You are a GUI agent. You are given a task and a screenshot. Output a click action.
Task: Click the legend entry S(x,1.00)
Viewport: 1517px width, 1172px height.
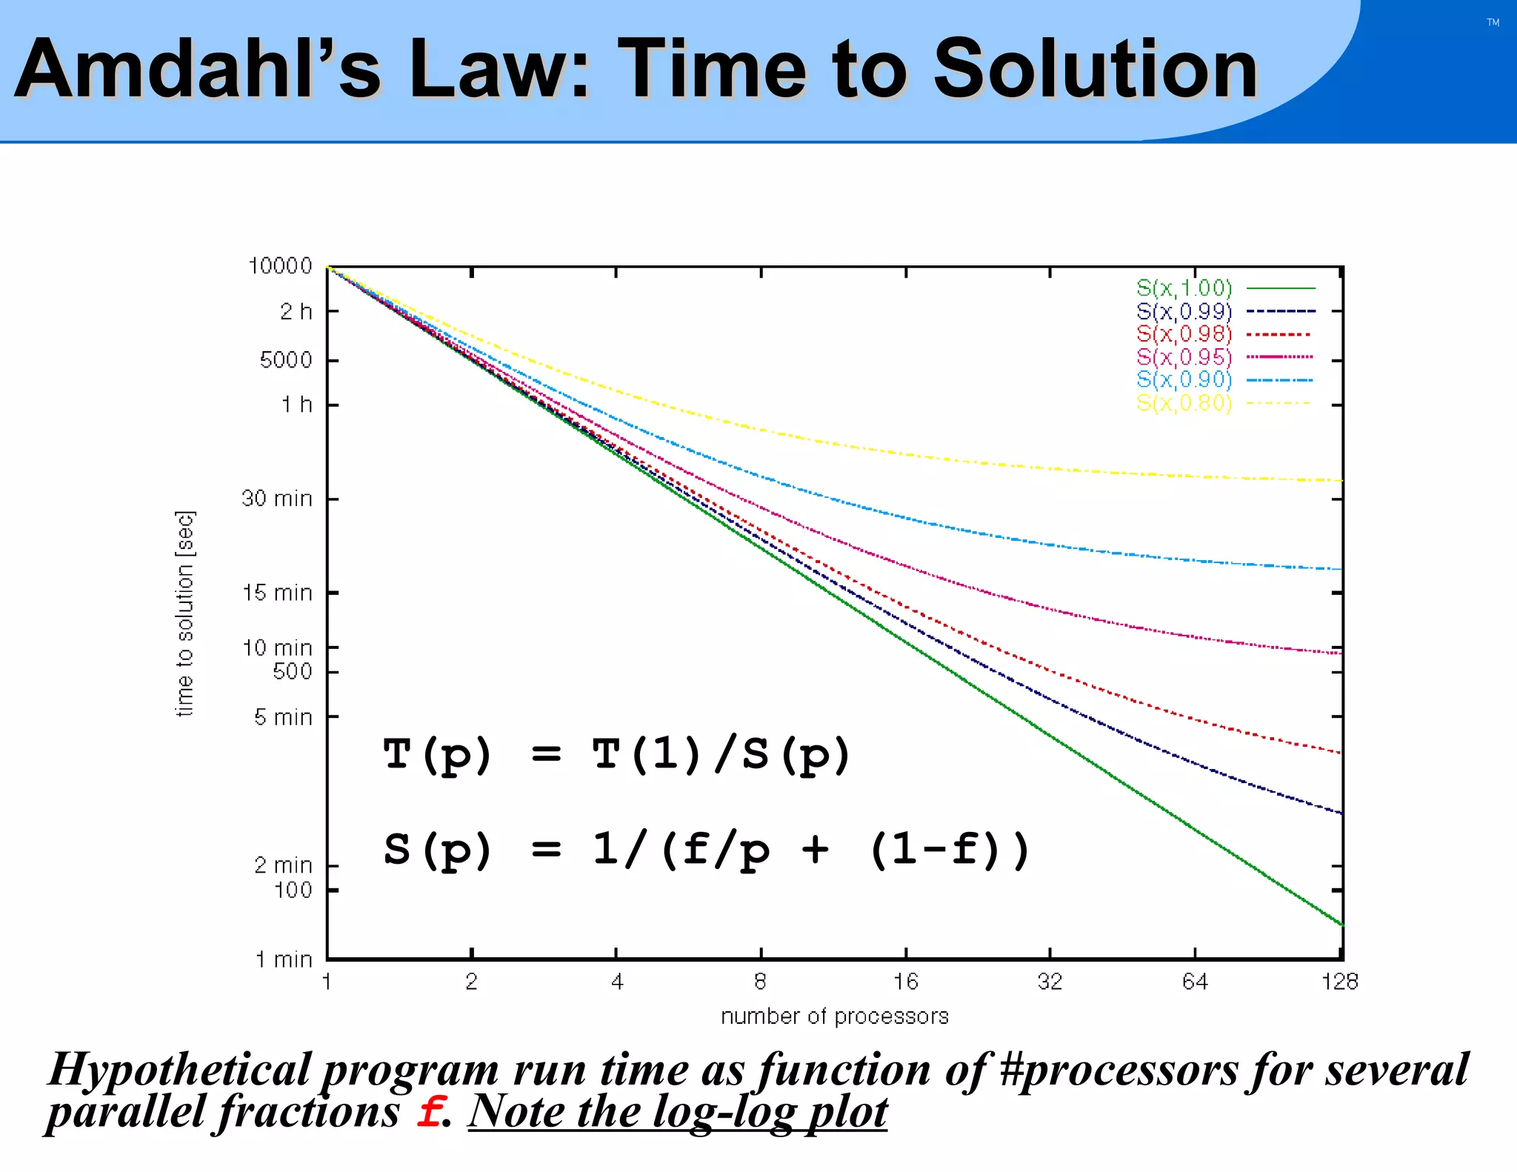pos(1184,288)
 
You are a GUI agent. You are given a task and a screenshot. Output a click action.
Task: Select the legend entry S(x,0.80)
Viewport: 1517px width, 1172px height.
pos(1184,403)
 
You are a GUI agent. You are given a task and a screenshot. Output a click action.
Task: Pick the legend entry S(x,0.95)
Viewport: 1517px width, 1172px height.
pos(1184,357)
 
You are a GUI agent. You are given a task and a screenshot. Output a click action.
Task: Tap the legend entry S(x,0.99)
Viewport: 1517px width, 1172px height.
pos(1184,311)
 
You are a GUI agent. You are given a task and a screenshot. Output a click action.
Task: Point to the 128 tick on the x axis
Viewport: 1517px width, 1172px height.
pos(1339,982)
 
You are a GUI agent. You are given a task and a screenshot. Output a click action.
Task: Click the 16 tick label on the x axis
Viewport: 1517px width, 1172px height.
pos(905,982)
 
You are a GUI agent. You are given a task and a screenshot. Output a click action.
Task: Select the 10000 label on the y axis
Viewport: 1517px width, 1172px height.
pos(280,266)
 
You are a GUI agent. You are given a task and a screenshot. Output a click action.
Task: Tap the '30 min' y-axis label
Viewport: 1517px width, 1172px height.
pos(277,499)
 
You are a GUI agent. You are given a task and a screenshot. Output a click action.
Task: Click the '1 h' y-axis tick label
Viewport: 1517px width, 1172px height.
pos(296,404)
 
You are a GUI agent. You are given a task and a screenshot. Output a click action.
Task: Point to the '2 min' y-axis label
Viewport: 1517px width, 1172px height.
pos(283,865)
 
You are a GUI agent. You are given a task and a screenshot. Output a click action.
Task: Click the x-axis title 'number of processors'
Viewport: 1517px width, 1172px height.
pos(835,1016)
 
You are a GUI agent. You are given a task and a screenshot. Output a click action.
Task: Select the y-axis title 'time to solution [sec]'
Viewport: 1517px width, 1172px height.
pos(185,613)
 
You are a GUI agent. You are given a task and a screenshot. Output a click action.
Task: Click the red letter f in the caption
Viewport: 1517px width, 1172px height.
pos(429,1112)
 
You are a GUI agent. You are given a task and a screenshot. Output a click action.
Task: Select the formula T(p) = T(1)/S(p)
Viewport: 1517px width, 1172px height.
pos(616,755)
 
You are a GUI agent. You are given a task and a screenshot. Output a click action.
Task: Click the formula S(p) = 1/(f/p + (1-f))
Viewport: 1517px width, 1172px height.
pos(706,850)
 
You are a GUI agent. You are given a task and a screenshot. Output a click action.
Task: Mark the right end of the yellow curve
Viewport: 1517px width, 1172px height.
pos(1341,481)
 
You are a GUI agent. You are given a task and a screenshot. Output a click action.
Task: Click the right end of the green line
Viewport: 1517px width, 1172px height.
pos(1341,924)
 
